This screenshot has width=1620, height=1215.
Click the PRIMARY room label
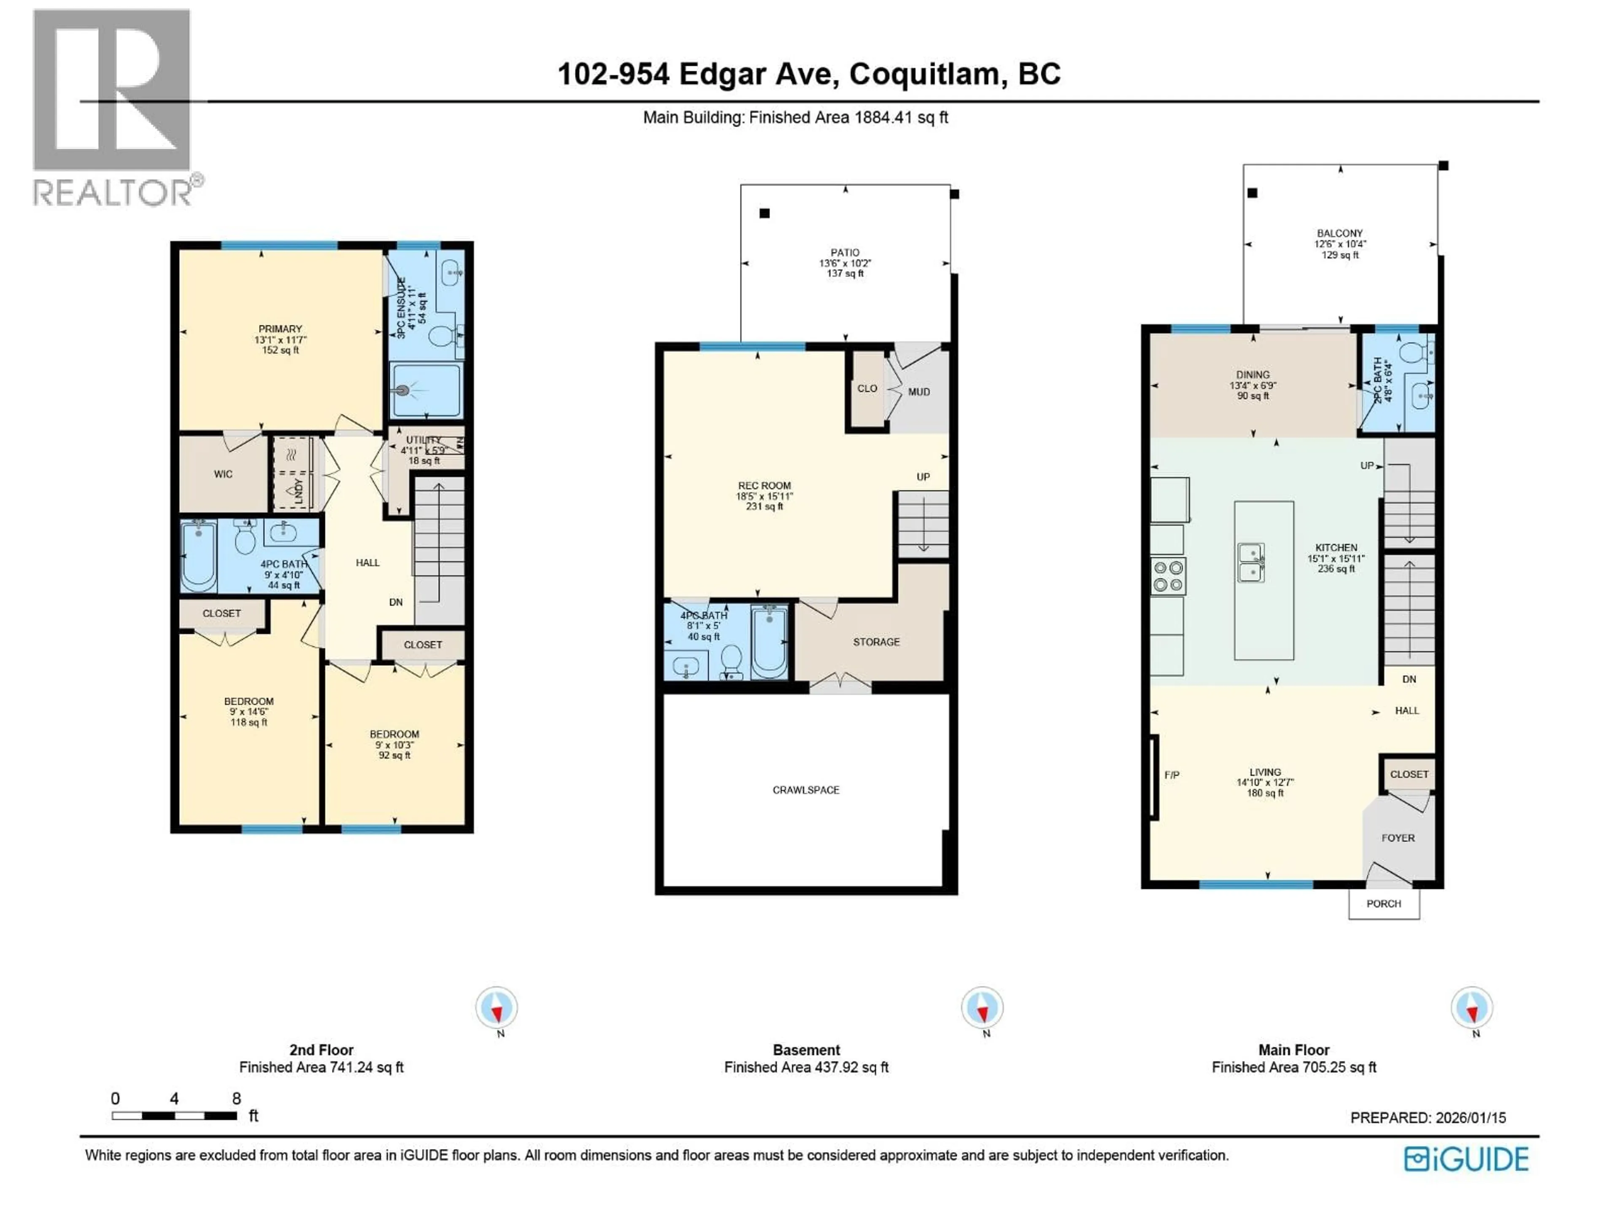coord(280,329)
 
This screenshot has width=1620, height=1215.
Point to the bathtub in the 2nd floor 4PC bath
coord(198,556)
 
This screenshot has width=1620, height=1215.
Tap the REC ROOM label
coord(764,486)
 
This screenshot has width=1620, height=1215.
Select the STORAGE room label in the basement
coord(876,642)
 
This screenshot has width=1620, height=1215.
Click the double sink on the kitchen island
coord(1251,562)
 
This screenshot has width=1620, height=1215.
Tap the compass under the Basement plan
coord(982,1008)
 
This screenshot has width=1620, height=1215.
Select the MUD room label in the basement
coord(918,392)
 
